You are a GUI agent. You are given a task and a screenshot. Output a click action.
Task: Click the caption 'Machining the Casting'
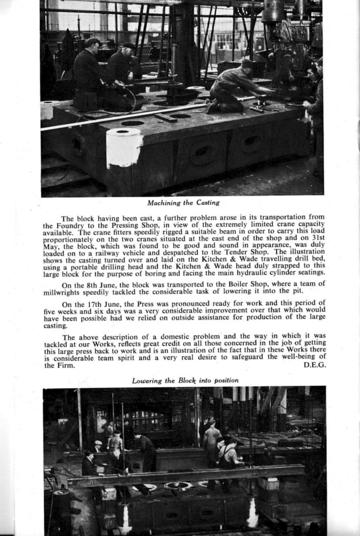point(183,203)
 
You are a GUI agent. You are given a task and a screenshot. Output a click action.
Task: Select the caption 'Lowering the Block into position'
point(185,380)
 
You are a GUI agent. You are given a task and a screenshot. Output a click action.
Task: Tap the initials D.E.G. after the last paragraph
point(315,365)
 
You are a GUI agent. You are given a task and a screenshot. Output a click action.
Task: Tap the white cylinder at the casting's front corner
point(124,147)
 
